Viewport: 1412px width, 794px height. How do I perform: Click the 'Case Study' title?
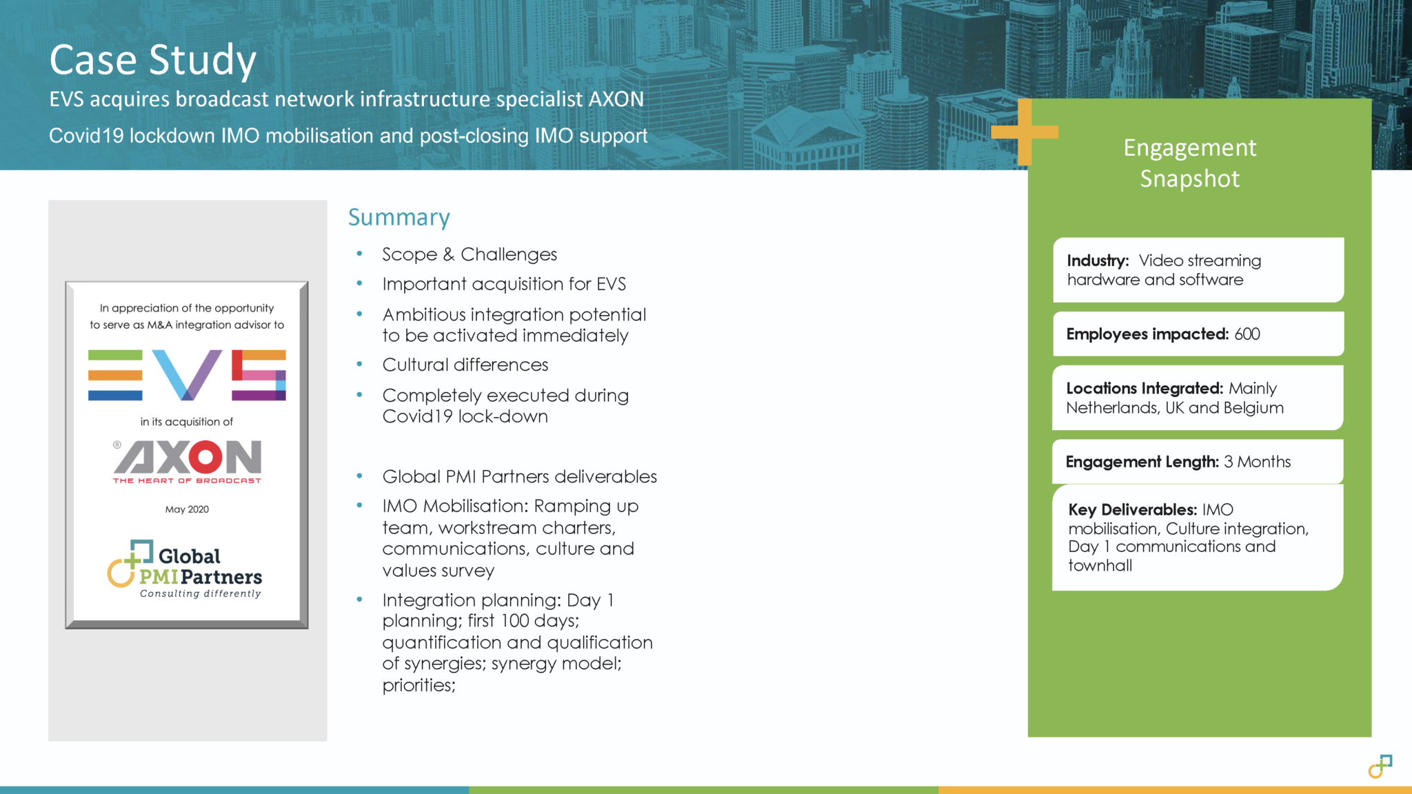coord(152,60)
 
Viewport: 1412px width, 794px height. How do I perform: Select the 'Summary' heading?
coord(399,217)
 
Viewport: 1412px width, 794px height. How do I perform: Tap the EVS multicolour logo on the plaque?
coord(187,375)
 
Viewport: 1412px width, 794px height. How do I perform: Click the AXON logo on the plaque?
coord(188,460)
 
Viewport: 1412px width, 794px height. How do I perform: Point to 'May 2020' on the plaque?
coord(187,509)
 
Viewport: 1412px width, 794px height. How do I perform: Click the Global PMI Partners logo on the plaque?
coord(185,569)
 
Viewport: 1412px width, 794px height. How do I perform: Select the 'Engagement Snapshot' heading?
coord(1189,163)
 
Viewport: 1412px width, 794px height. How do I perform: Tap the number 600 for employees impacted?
coord(1247,334)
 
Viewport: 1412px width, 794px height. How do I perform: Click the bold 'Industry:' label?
coord(1098,261)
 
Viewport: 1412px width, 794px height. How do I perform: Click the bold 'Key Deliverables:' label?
coord(1132,510)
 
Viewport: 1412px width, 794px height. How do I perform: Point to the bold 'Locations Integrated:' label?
coord(1144,388)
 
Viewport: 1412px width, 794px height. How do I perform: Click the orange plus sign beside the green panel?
coord(1024,132)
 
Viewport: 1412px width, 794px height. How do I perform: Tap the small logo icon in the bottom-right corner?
coord(1380,766)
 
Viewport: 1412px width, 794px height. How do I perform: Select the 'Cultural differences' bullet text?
coord(465,365)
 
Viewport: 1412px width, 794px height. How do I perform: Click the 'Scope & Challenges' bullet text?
coord(470,254)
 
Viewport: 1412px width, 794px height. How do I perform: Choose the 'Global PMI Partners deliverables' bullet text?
coord(519,476)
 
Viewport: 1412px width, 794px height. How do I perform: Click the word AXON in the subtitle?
coord(616,99)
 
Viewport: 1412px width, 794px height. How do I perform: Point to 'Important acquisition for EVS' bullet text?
coord(504,284)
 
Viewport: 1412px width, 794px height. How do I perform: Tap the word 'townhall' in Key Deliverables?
coord(1100,565)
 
